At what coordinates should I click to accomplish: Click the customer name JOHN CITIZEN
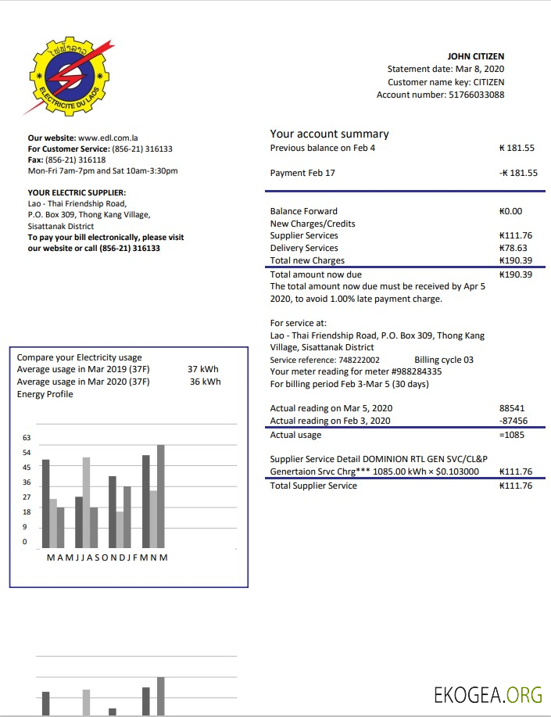475,56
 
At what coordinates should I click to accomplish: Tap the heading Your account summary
329,134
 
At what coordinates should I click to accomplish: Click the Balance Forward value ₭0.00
510,211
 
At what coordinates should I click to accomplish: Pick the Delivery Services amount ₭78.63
513,248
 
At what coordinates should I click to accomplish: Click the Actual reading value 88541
511,408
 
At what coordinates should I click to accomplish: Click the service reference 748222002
358,360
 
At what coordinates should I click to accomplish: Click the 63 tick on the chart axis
27,438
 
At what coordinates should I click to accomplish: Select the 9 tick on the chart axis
27,527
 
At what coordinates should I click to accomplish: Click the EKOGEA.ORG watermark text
488,694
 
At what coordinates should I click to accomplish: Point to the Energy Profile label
45,394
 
